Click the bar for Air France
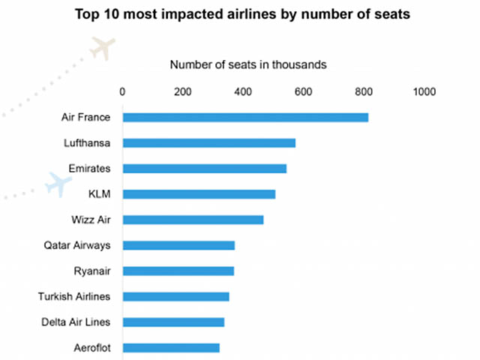click(245, 117)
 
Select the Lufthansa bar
click(208, 142)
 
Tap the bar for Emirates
click(204, 168)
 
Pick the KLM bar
click(199, 194)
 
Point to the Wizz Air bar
click(193, 220)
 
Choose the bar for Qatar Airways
click(178, 245)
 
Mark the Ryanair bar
click(178, 271)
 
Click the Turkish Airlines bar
click(175, 296)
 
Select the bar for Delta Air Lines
click(173, 322)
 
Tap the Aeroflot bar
click(171, 347)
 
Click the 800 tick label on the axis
click(362, 91)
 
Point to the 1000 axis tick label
click(424, 91)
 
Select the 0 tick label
click(123, 91)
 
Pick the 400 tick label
click(242, 91)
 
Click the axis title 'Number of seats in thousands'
click(248, 64)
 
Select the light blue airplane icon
click(58, 184)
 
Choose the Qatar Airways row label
click(77, 245)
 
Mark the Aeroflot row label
click(91, 347)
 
